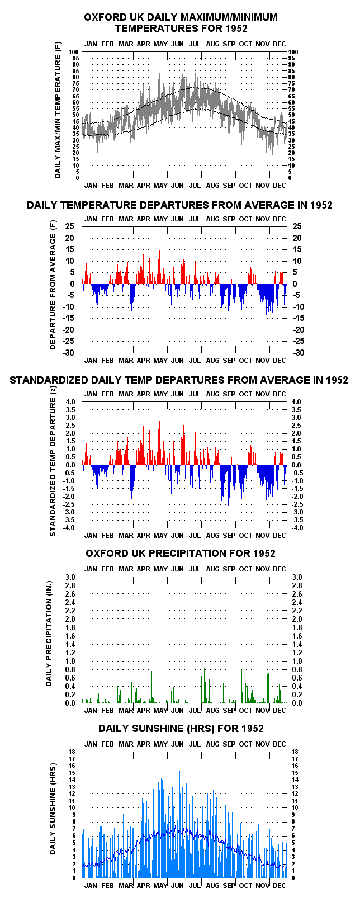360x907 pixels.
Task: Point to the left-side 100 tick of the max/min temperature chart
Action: click(x=73, y=52)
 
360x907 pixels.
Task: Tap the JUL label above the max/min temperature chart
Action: click(x=195, y=44)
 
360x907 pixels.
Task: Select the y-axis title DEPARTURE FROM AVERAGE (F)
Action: click(x=53, y=285)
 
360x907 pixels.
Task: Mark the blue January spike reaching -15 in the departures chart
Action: click(x=97, y=301)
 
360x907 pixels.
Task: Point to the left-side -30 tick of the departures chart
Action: click(x=68, y=353)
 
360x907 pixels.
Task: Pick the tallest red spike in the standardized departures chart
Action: click(x=184, y=441)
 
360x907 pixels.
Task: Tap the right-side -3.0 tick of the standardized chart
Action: click(x=297, y=512)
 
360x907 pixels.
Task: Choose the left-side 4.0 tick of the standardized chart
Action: click(x=70, y=402)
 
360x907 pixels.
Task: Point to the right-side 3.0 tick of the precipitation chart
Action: click(x=297, y=578)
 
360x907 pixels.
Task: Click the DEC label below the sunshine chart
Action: click(x=280, y=886)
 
